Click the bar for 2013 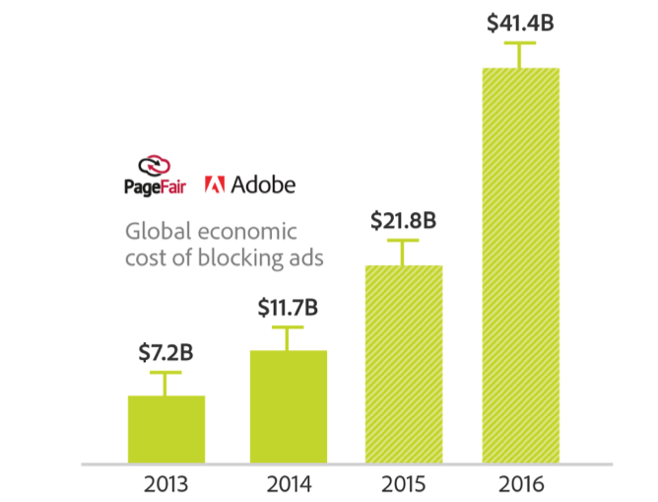click(166, 429)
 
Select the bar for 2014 click(288, 406)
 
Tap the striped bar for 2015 click(404, 364)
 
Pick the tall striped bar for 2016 click(520, 265)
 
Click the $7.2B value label click(165, 352)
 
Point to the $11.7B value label click(288, 307)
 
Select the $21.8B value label click(404, 221)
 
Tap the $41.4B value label click(520, 23)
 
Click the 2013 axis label click(165, 485)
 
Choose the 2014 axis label click(288, 485)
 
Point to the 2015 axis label click(404, 485)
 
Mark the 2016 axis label click(520, 485)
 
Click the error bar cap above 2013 click(165, 373)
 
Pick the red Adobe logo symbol click(216, 183)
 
